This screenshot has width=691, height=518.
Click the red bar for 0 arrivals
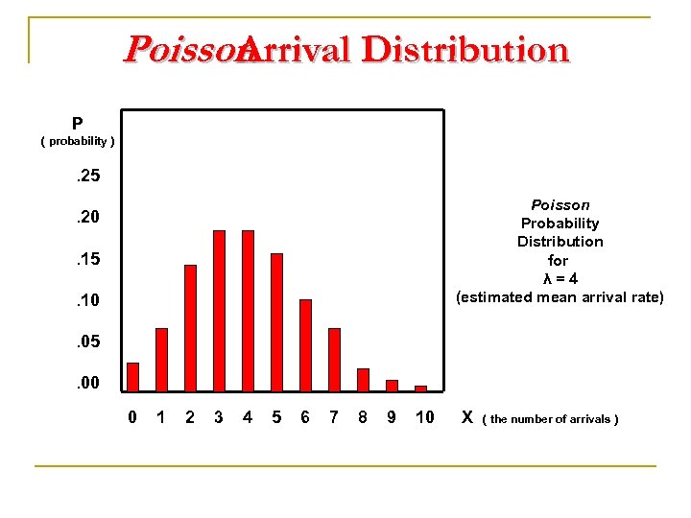point(133,377)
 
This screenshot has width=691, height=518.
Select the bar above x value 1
point(161,360)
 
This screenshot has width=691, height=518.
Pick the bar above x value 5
point(276,322)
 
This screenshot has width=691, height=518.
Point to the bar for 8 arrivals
point(363,380)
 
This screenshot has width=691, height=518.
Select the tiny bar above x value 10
point(420,388)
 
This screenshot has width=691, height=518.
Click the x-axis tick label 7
point(334,417)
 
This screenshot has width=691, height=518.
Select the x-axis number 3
point(219,417)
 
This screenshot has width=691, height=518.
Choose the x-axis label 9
point(392,417)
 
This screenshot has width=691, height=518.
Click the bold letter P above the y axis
point(77,124)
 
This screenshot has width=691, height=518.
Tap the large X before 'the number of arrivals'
point(467,417)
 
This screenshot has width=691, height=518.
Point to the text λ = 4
point(560,279)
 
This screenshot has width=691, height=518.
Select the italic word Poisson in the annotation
point(560,205)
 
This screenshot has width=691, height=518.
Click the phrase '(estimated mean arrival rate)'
point(560,297)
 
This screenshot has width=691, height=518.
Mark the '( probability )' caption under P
point(78,142)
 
